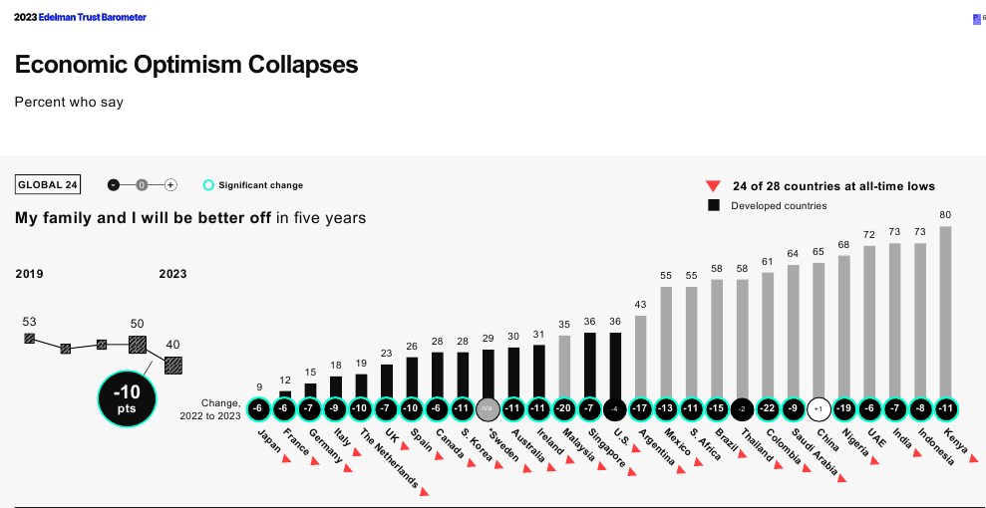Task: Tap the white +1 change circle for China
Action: [x=818, y=409]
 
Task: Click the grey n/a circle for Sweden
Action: [x=488, y=409]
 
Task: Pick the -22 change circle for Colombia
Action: [x=767, y=409]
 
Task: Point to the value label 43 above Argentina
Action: [x=640, y=304]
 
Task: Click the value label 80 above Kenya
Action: [x=945, y=214]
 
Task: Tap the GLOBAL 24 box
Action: [x=48, y=185]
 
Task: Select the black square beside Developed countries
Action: [x=713, y=205]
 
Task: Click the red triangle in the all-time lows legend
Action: [x=713, y=185]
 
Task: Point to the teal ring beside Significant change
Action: [x=208, y=185]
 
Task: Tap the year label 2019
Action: [x=29, y=274]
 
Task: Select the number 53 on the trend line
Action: [x=29, y=321]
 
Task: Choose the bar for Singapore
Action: [x=589, y=365]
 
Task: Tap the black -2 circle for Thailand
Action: [x=742, y=409]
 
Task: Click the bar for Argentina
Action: [x=640, y=356]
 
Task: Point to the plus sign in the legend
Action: [x=170, y=185]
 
